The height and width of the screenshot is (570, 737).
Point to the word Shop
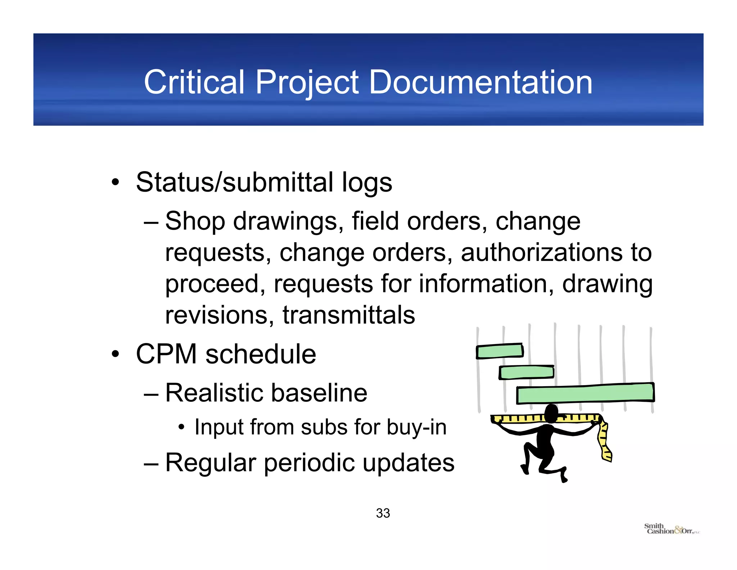(195, 222)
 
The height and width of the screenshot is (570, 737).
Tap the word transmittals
(349, 315)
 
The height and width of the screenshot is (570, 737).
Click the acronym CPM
(166, 354)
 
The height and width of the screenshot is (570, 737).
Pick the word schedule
(261, 354)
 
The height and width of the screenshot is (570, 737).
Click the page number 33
(383, 513)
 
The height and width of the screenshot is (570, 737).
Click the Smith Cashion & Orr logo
(671, 529)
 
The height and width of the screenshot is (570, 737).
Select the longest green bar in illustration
(585, 393)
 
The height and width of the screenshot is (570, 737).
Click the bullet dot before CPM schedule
(115, 354)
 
